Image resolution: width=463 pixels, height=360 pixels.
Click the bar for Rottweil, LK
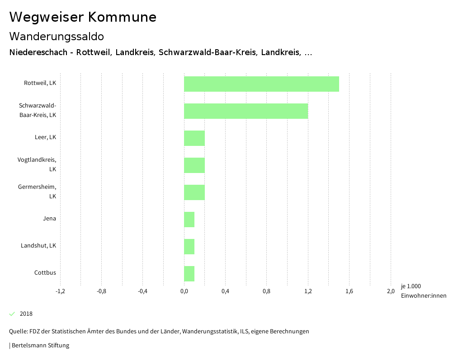[261, 84]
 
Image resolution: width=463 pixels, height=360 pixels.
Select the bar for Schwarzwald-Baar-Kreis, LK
[246, 111]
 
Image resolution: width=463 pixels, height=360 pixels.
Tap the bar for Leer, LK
[194, 138]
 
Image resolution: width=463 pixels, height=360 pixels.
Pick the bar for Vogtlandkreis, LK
[194, 165]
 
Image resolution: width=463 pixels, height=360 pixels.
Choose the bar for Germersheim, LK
[194, 192]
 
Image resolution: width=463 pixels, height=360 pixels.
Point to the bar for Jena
[189, 220]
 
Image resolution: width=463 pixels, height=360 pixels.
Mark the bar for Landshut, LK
[189, 247]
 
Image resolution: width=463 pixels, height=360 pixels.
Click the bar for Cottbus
[189, 274]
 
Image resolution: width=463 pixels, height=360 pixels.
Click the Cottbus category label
[45, 273]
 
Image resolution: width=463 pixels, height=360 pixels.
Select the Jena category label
[49, 219]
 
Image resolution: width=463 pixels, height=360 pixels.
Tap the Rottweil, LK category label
[40, 83]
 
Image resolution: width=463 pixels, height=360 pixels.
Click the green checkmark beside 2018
[12, 314]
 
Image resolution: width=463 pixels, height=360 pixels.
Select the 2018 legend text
[26, 314]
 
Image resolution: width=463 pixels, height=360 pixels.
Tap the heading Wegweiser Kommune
[83, 17]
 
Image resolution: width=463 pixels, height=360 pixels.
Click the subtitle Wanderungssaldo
[57, 36]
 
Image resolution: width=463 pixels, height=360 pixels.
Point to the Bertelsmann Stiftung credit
[40, 346]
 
